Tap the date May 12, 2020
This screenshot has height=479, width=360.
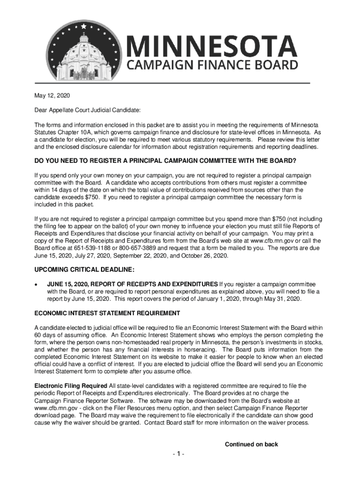point(52,96)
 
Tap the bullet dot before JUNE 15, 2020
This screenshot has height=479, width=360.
point(37,284)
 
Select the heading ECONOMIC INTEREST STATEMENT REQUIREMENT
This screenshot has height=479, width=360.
point(107,313)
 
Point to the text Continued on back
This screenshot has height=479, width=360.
point(252,444)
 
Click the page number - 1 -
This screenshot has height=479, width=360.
point(180,454)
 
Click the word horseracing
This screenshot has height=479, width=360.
point(197,349)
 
